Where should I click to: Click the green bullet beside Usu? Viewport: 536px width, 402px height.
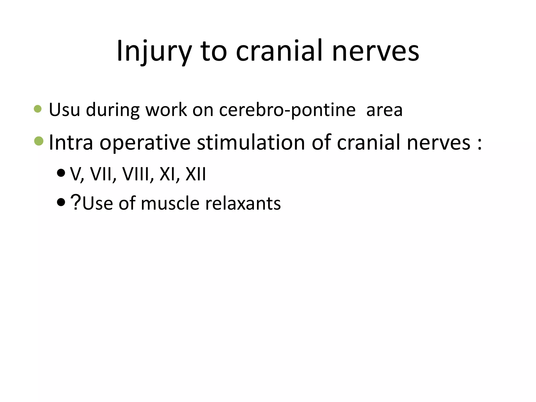(38, 109)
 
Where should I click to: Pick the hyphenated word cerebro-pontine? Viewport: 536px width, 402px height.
(287, 110)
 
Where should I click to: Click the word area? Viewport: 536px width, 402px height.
(384, 110)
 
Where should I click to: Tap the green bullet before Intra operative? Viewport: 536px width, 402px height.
(39, 141)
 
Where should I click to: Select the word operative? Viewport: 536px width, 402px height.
(145, 143)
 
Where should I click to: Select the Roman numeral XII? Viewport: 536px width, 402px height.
(196, 174)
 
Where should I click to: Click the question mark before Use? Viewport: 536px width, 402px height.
(76, 203)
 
